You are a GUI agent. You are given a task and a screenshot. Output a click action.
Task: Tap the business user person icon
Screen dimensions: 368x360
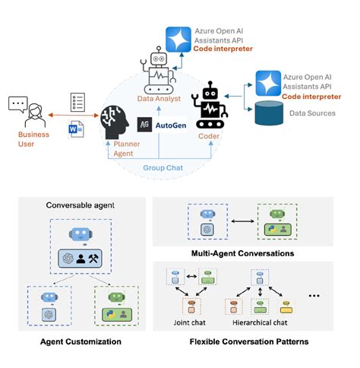click(27, 110)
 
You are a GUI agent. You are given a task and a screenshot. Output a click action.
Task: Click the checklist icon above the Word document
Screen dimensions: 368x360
click(77, 102)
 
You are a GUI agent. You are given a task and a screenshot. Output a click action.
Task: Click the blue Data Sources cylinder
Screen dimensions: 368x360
click(271, 113)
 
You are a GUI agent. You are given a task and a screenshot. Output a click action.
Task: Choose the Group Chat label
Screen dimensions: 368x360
click(161, 167)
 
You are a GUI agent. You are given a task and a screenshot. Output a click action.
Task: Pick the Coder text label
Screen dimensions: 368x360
click(209, 138)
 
